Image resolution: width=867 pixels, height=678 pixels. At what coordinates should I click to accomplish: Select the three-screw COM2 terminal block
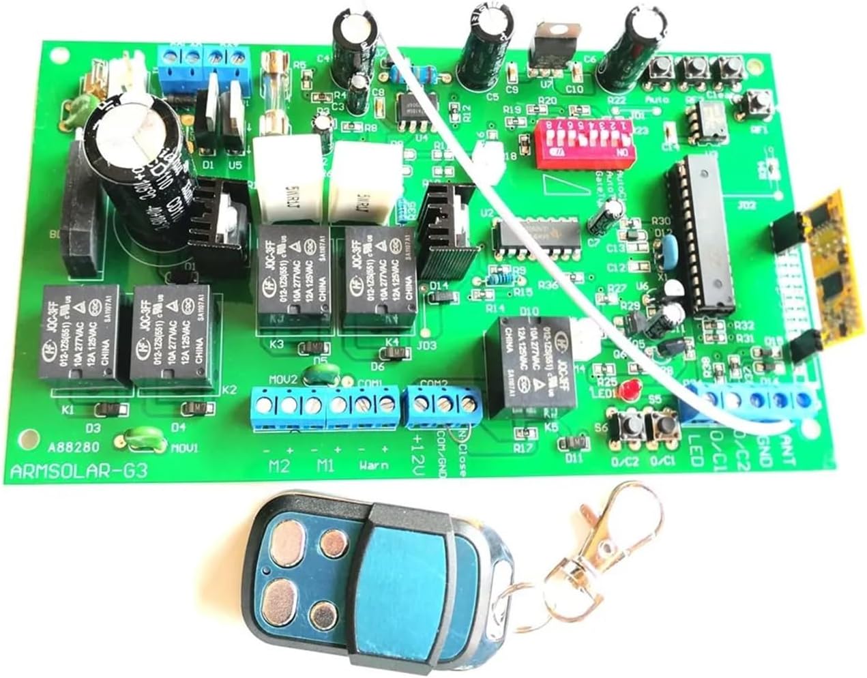[x=441, y=403]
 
